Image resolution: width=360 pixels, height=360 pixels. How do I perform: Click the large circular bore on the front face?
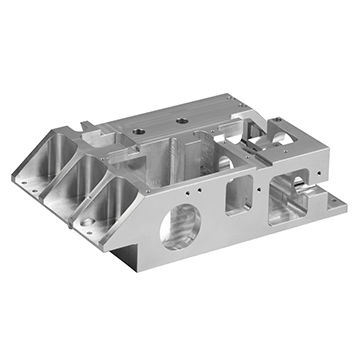[180, 224]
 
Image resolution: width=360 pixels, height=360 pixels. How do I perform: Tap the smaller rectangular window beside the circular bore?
[239, 193]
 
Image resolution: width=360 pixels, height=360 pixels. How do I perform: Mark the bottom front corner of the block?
[130, 268]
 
